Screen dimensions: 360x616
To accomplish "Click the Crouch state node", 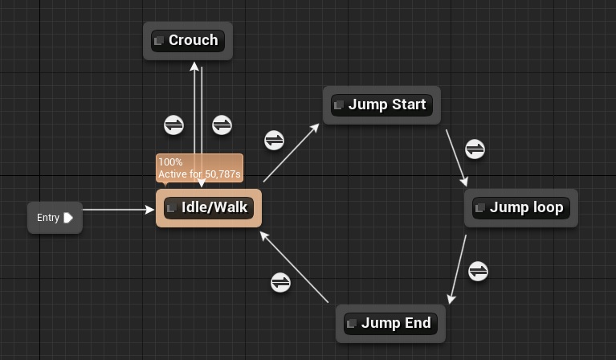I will (x=188, y=40).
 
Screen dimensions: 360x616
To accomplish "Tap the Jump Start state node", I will (x=381, y=104).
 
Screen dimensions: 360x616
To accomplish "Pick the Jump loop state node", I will (x=521, y=207).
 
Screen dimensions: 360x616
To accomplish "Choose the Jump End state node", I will (x=390, y=323).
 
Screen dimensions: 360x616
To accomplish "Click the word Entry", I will (x=48, y=218).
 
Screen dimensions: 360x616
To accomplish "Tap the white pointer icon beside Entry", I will (x=68, y=218).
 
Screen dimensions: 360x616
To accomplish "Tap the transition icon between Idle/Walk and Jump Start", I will (x=274, y=140).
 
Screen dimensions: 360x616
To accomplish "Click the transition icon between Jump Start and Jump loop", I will (x=475, y=149).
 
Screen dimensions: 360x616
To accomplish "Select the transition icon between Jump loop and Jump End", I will (x=478, y=271).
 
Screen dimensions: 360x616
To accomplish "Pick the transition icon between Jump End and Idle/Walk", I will (x=280, y=282).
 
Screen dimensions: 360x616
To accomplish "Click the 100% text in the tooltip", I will (x=170, y=162).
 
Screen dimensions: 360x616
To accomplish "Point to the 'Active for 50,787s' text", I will (x=199, y=174).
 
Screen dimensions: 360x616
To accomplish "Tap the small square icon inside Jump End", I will (x=351, y=324).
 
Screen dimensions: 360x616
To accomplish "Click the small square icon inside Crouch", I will (x=158, y=40).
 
